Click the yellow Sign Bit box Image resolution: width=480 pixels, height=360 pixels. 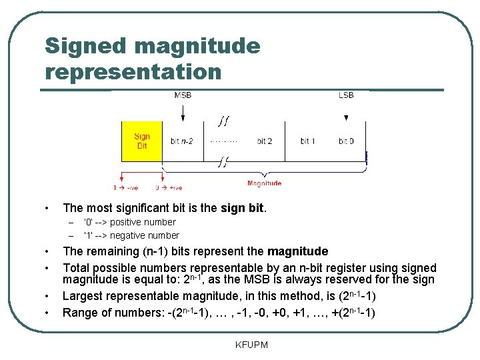tap(142, 141)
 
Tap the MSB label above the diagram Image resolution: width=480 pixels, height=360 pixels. tap(183, 95)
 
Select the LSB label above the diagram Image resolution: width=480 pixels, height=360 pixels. tap(346, 95)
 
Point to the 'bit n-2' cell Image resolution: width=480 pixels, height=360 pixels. tap(182, 141)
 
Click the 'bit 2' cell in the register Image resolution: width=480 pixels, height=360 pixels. tap(264, 141)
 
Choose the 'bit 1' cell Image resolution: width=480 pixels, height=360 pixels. tap(307, 141)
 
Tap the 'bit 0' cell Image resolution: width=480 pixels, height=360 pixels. tap(346, 141)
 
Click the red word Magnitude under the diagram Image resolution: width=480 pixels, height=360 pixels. tap(264, 183)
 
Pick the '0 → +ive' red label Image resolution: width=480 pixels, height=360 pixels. tap(169, 188)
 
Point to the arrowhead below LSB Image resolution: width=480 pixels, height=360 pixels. tap(346, 118)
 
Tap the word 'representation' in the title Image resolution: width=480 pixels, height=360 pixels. tap(133, 71)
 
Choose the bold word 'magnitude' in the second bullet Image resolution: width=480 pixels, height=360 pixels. tap(297, 251)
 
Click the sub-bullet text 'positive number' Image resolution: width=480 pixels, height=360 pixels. tap(143, 222)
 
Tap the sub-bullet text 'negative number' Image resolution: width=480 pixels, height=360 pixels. tap(144, 235)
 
